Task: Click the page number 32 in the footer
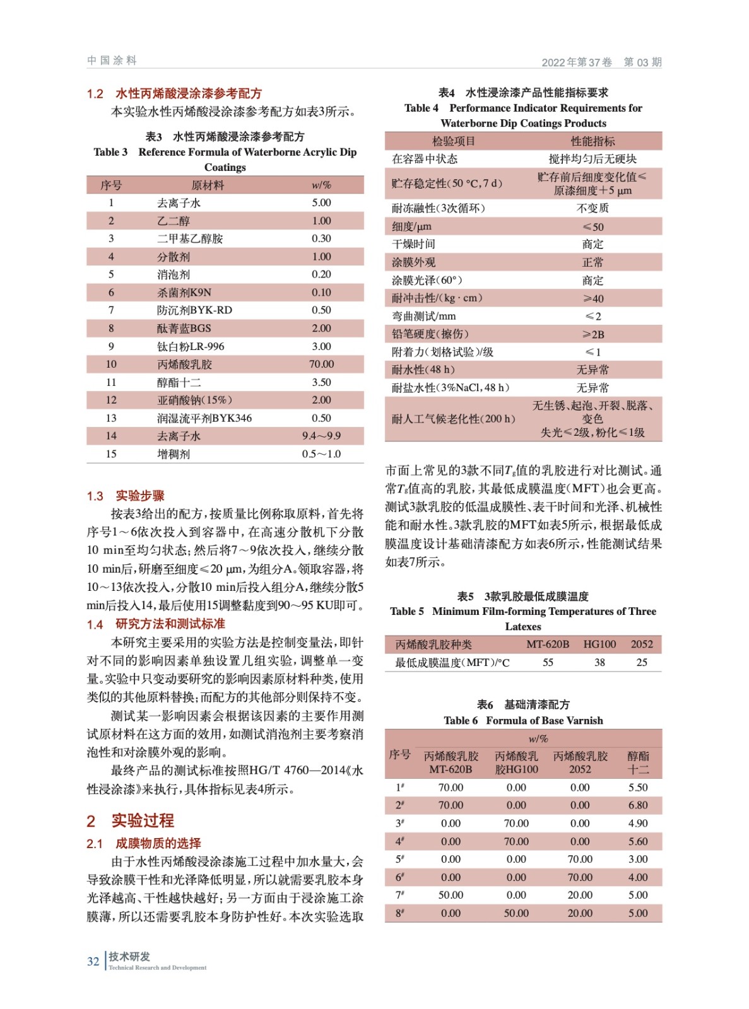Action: pos(93,961)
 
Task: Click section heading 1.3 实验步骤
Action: pos(126,496)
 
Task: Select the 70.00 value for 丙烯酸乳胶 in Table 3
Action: pos(321,364)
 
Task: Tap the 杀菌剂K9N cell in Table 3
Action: pos(184,292)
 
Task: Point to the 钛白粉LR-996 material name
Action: pos(190,346)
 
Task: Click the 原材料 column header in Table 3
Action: pos(208,185)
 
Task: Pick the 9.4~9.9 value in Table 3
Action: pos(321,436)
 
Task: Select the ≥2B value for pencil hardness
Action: pos(593,334)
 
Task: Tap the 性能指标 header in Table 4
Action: pos(593,141)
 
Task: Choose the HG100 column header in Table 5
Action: pos(599,644)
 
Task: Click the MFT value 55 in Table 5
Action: pos(548,662)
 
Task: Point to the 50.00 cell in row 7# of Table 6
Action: pos(451,895)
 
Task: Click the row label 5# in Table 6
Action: pos(399,859)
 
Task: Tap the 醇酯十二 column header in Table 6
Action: pos(638,762)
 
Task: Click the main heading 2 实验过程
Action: pos(130,820)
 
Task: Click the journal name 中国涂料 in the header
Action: pos(112,61)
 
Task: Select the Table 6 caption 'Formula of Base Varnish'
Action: pos(544,720)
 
